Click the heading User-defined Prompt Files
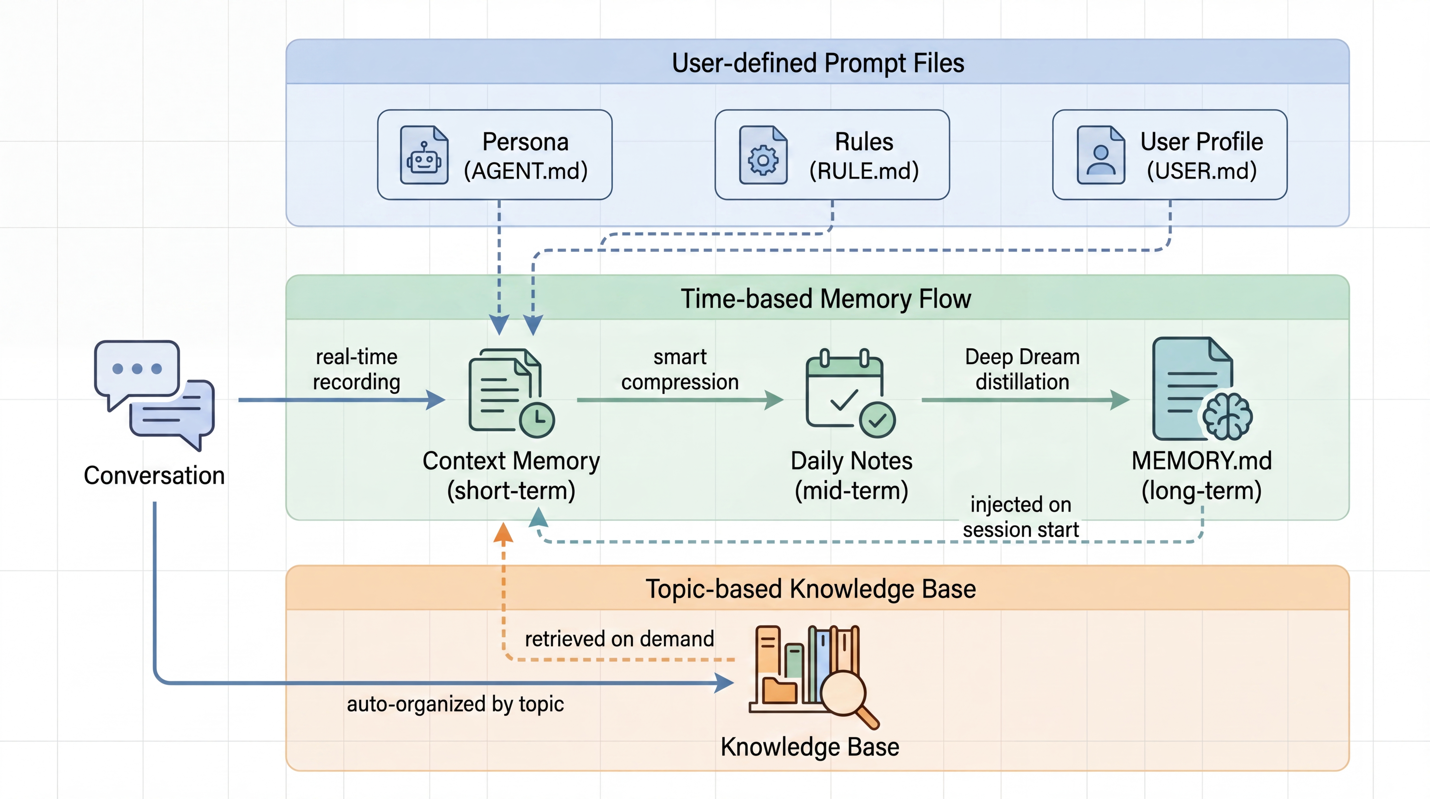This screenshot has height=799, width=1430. (818, 63)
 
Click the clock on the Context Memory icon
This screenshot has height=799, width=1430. (537, 420)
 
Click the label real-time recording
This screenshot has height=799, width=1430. (356, 369)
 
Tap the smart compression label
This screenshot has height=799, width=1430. (680, 369)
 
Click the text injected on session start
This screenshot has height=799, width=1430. (1021, 517)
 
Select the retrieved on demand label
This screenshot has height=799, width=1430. (619, 639)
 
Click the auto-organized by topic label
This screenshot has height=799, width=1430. (455, 704)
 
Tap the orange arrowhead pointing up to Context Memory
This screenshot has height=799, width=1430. (504, 532)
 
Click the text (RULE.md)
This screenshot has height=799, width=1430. (864, 171)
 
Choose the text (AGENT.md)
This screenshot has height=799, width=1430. (526, 171)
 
